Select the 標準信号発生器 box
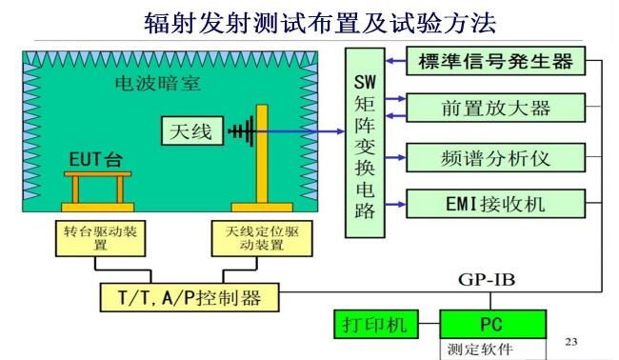(x=494, y=63)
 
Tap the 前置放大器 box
(x=494, y=106)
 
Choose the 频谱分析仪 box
(x=494, y=154)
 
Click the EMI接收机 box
(x=494, y=202)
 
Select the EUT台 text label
(x=95, y=157)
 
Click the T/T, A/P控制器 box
(x=190, y=297)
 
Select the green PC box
(x=492, y=325)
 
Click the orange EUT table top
(x=96, y=174)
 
